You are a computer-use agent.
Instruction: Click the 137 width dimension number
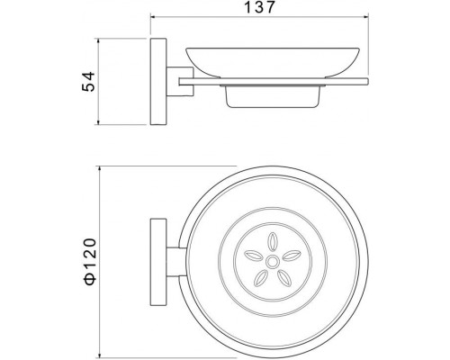(x=259, y=7)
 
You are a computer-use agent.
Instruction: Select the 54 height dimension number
(x=88, y=81)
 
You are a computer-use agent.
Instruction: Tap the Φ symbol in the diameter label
(x=90, y=278)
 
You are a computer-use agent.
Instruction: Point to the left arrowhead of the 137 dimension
(x=153, y=17)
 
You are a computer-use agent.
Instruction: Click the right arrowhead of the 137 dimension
(x=365, y=17)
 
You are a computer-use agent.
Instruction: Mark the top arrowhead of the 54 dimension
(x=98, y=41)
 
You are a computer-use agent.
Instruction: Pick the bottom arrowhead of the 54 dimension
(x=98, y=121)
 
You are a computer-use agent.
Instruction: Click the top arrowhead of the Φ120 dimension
(x=100, y=169)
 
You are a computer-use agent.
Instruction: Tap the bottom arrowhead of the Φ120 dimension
(x=100, y=355)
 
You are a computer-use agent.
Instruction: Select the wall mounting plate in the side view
(x=158, y=82)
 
